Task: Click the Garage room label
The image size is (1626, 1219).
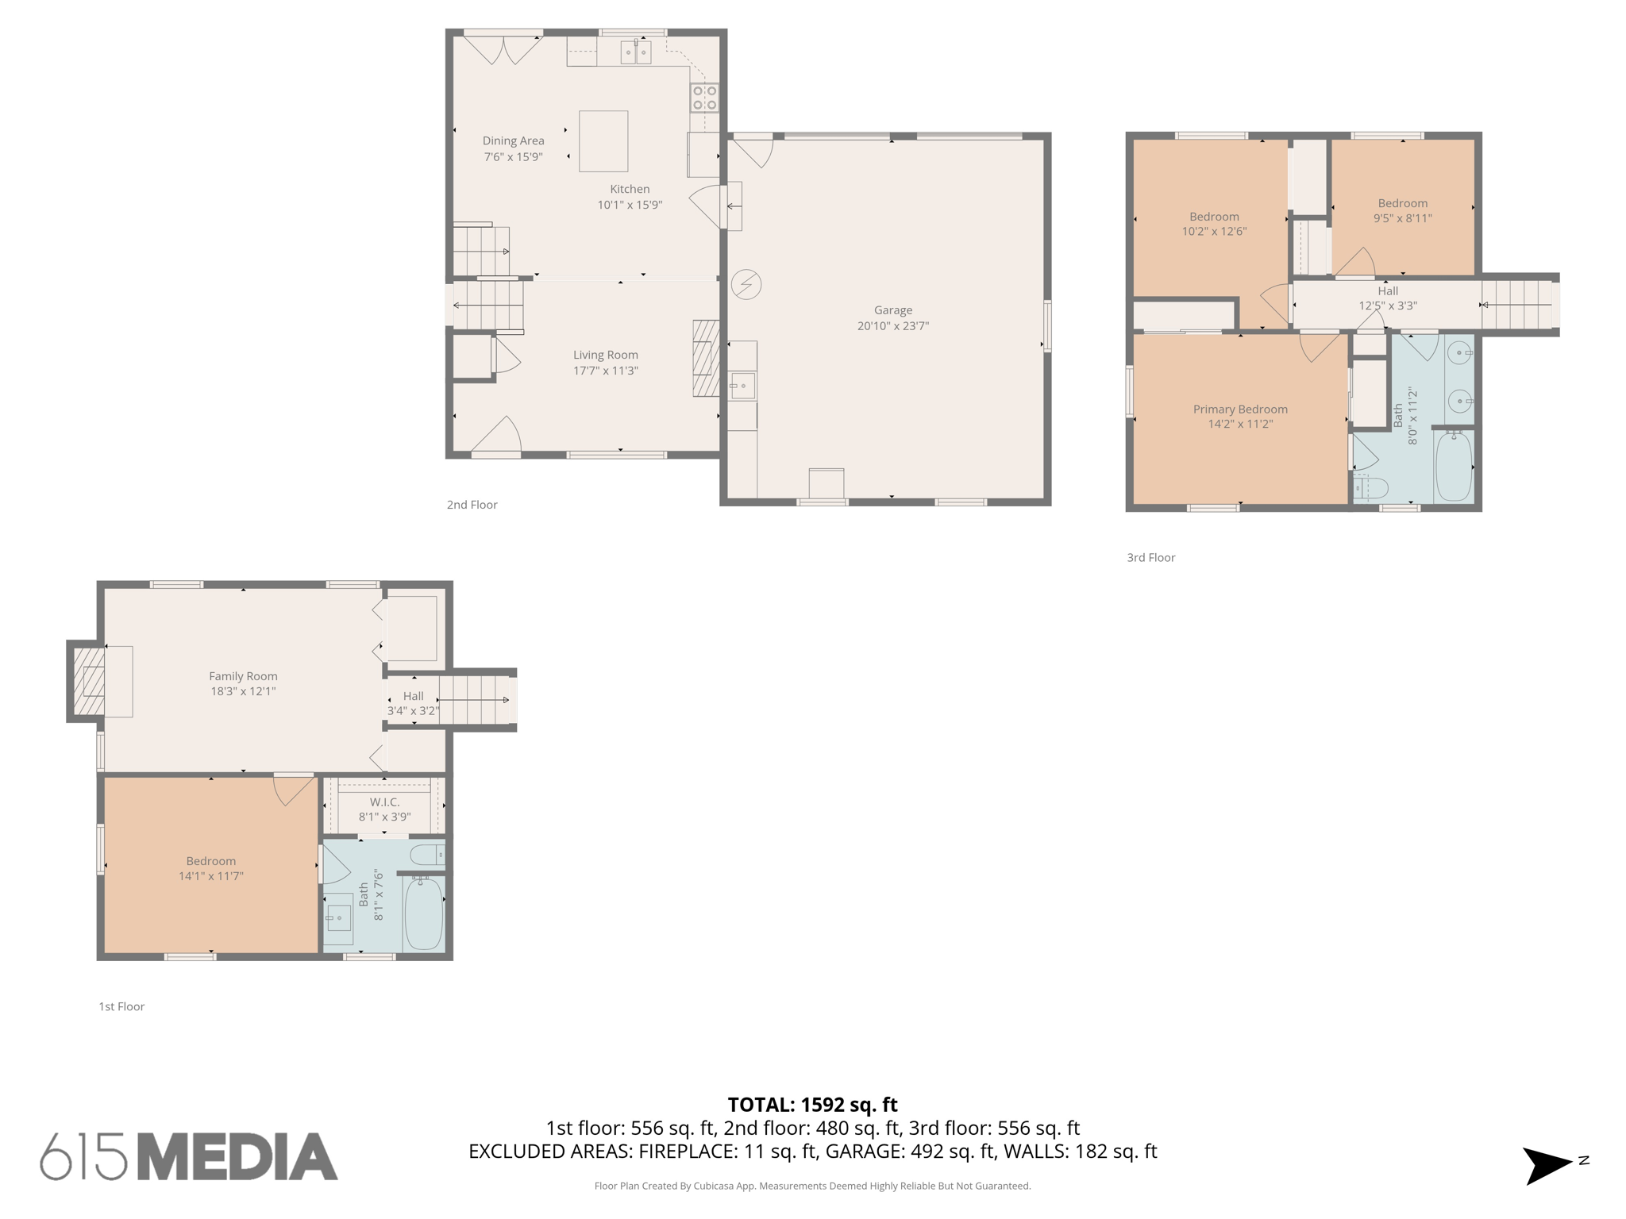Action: click(892, 310)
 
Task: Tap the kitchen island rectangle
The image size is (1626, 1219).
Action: click(603, 141)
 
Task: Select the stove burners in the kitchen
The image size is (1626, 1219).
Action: click(704, 98)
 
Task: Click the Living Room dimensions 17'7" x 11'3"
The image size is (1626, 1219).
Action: click(606, 371)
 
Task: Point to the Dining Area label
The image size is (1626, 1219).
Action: click(513, 140)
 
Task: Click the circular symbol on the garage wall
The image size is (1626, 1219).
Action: click(746, 284)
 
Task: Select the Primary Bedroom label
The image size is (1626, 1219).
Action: click(1240, 409)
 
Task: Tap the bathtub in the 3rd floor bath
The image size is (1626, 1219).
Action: click(1454, 467)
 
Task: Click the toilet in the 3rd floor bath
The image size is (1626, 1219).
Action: click(1371, 486)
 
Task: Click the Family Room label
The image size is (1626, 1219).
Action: click(243, 676)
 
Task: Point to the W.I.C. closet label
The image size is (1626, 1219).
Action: click(384, 802)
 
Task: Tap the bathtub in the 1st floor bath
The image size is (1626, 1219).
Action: click(423, 913)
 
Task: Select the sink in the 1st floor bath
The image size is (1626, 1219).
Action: click(339, 917)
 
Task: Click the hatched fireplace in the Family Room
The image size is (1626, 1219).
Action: click(89, 682)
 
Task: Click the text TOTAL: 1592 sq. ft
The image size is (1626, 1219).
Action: click(812, 1105)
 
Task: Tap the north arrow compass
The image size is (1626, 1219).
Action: click(1547, 1165)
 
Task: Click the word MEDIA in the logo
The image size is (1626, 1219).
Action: click(238, 1157)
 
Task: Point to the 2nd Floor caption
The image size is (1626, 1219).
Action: click(472, 505)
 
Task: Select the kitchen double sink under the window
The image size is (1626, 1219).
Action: click(635, 52)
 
